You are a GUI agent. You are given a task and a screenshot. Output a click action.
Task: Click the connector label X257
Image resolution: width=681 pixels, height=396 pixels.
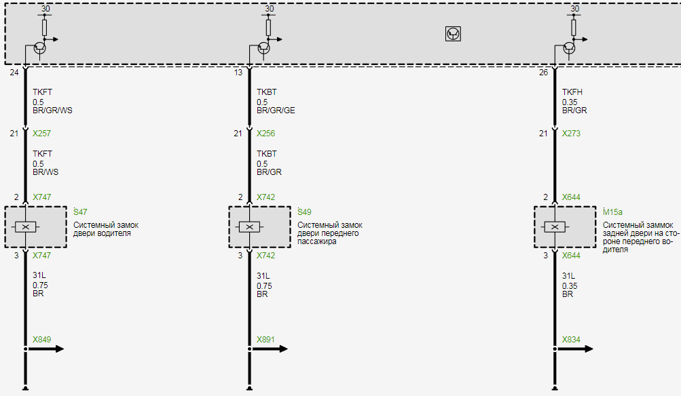click(41, 134)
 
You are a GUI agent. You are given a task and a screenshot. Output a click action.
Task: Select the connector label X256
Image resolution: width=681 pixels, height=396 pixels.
click(265, 134)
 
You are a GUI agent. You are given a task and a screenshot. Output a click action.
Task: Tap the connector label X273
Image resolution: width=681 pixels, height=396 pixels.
click(571, 134)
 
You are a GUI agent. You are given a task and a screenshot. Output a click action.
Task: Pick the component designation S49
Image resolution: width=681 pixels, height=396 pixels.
click(305, 212)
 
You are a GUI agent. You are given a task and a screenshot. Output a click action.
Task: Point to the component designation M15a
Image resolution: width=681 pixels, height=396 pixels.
click(613, 212)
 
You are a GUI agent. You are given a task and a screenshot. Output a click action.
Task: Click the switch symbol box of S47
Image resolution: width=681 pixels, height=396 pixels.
click(26, 226)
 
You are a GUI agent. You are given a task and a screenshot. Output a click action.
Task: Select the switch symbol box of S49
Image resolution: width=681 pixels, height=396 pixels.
click(250, 226)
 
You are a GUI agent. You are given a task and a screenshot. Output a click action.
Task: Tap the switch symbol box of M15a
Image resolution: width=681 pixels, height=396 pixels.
click(555, 226)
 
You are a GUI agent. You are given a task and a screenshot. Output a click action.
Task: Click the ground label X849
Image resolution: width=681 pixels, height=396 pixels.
click(41, 340)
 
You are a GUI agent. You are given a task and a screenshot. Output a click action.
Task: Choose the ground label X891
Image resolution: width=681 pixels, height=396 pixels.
click(265, 340)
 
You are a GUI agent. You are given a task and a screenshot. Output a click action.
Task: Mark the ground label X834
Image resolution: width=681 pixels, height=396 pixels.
click(571, 340)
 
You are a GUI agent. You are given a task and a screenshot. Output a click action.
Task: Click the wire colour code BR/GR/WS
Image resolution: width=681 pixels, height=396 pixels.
click(52, 111)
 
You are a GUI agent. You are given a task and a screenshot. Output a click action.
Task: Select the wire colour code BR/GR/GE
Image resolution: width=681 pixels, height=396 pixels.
click(276, 111)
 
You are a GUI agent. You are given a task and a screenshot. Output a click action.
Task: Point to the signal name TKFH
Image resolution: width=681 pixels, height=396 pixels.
click(572, 92)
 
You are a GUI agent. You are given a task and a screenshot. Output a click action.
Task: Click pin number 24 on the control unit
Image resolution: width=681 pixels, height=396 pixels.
click(14, 73)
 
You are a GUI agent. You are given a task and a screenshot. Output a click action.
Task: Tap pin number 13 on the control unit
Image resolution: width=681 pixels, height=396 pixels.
click(238, 73)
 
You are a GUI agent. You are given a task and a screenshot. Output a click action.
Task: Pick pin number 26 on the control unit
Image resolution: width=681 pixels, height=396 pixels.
click(543, 73)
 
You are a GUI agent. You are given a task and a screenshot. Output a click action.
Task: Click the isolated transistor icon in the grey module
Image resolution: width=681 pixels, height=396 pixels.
click(453, 33)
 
